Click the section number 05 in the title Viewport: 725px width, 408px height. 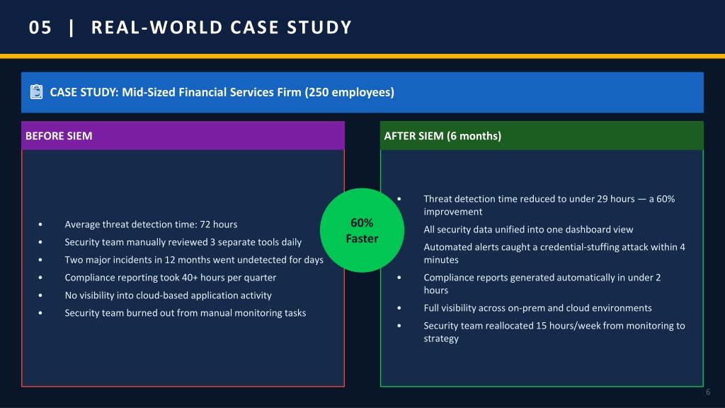click(40, 28)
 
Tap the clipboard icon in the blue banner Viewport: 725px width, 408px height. click(36, 91)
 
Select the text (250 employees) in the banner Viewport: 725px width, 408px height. click(350, 92)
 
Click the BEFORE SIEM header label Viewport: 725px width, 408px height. click(59, 136)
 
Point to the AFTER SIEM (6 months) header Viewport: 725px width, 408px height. click(443, 136)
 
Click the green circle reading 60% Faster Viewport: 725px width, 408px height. click(362, 230)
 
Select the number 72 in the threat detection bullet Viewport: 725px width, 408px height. click(205, 225)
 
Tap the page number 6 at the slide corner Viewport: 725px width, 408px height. click(708, 392)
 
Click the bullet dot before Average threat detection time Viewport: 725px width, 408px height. click(40, 225)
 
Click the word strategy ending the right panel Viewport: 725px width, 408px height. click(441, 339)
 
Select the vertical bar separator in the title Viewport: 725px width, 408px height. click(72, 28)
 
